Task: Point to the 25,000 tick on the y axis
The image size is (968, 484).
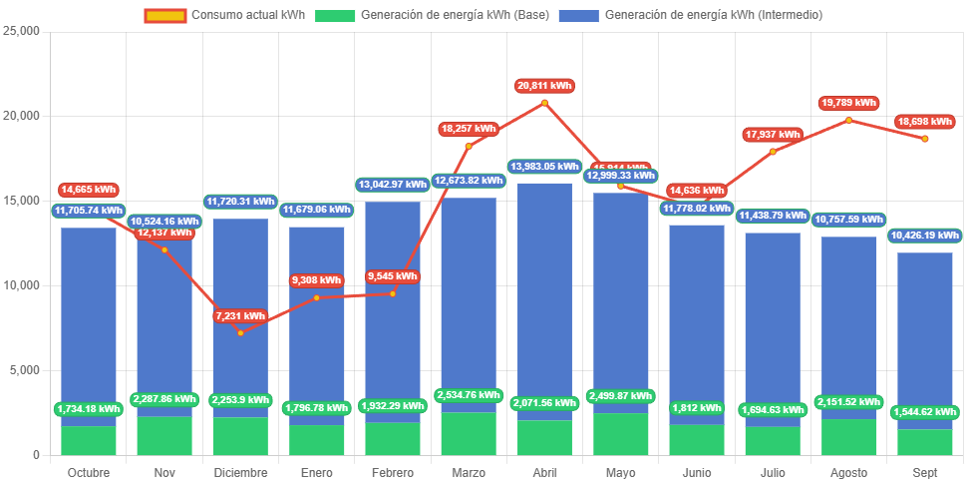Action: click(21, 31)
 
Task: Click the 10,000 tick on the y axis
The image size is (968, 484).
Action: click(21, 285)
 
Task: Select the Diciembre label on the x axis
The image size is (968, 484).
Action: click(240, 472)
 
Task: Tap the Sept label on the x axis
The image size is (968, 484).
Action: click(925, 472)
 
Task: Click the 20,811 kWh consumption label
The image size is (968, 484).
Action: click(544, 86)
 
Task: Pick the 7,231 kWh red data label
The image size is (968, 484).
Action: click(240, 315)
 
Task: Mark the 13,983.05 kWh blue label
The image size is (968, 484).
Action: click(544, 167)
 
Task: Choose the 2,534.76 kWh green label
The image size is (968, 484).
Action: click(469, 395)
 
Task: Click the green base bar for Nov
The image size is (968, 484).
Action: click(164, 435)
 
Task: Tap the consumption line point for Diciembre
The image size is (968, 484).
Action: click(240, 332)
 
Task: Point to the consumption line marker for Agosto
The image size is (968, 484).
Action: click(848, 120)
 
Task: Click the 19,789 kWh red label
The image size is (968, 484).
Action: click(848, 103)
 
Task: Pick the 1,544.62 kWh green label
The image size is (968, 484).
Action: click(925, 412)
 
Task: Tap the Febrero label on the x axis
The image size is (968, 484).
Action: click(392, 472)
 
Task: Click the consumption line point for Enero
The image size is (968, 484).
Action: click(317, 297)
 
